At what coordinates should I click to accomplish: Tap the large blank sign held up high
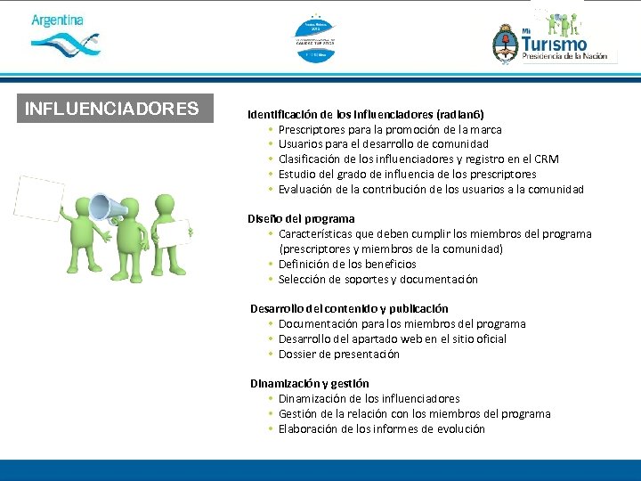38,199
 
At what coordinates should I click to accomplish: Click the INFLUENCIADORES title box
112,109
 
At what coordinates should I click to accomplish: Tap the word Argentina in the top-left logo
57,20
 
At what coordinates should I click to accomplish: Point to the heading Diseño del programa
301,218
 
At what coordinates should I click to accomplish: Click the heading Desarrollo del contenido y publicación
349,308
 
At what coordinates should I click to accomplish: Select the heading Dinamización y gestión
309,383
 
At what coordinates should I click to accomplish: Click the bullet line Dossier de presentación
338,354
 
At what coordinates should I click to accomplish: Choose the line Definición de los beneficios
347,264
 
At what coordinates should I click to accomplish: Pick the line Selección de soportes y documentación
377,279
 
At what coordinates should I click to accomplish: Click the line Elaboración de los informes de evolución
381,428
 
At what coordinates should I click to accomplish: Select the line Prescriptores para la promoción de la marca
389,129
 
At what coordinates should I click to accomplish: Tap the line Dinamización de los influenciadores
369,398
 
